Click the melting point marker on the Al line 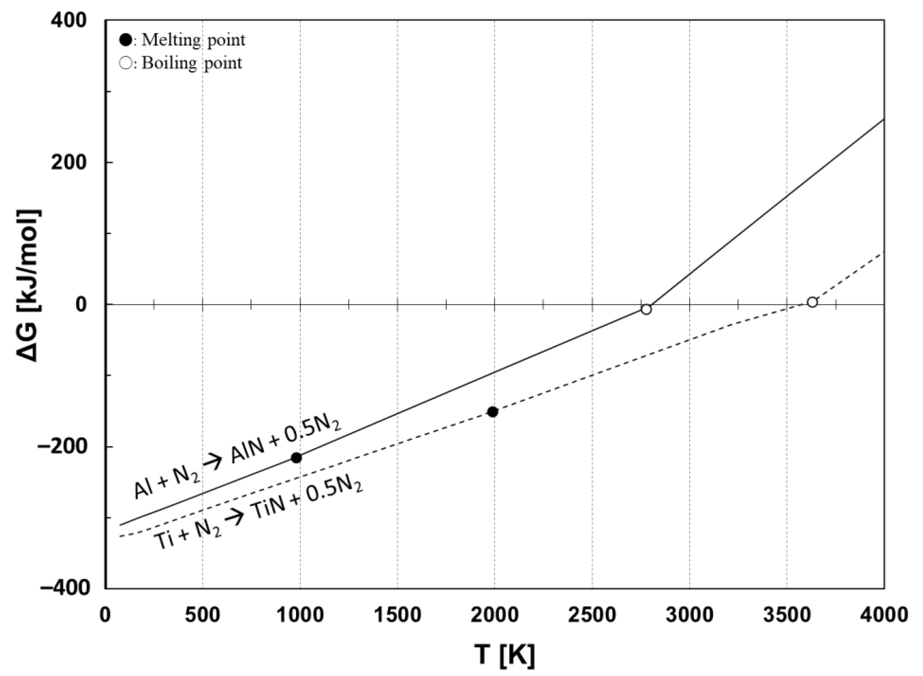pos(297,458)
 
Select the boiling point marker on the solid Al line pos(646,309)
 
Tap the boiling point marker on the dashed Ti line pos(812,302)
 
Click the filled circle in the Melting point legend pos(126,40)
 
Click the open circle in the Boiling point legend pos(126,63)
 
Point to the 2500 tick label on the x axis pos(592,615)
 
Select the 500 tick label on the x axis pos(203,615)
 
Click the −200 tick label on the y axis pos(63,447)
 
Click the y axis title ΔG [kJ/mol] pos(29,285)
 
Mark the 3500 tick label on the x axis pos(786,615)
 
